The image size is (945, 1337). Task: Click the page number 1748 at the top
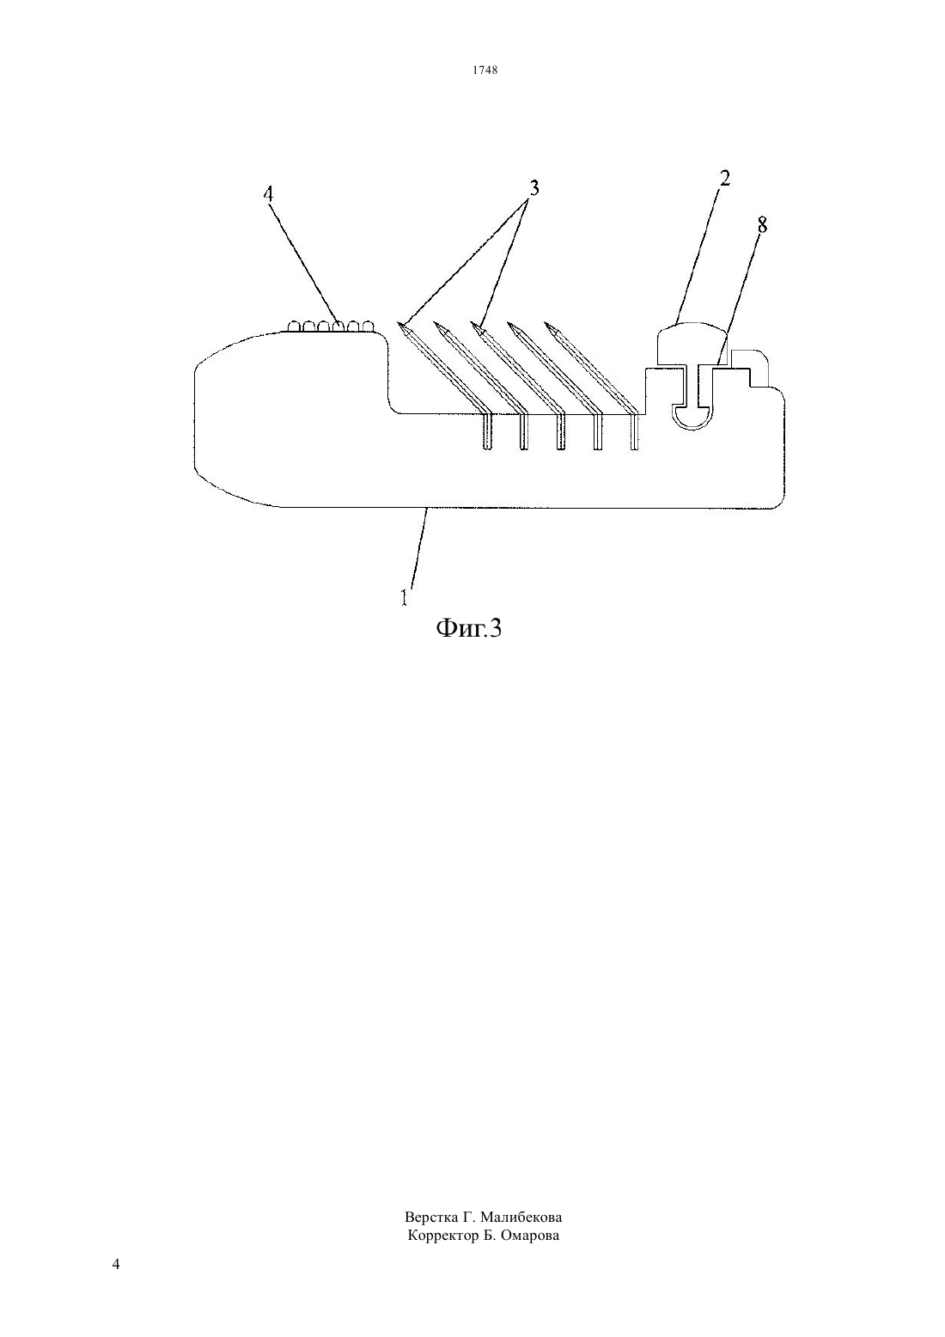[485, 70]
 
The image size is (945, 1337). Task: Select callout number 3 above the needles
[533, 188]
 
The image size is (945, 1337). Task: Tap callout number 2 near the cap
[724, 178]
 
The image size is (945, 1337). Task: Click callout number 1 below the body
[404, 597]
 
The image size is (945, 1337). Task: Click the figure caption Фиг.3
[469, 628]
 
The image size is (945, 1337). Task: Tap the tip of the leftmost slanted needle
[398, 322]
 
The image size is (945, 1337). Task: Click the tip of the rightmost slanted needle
[546, 323]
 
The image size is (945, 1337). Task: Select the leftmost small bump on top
[294, 326]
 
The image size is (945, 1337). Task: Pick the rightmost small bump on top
[368, 326]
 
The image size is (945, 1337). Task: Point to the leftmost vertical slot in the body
[487, 431]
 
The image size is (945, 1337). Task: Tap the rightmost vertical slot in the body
[634, 431]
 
